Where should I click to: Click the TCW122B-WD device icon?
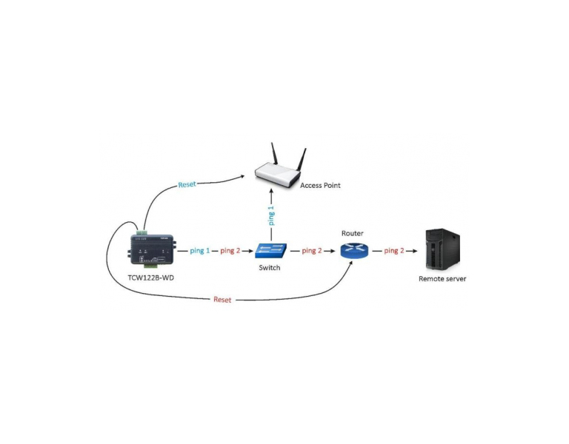[x=153, y=249]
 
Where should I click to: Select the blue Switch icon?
[x=270, y=250]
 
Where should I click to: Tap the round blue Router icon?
[x=354, y=250]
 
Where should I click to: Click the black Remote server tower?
[x=442, y=249]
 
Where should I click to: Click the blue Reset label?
[x=187, y=184]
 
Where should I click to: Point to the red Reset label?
[x=222, y=300]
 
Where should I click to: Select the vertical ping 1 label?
[x=271, y=215]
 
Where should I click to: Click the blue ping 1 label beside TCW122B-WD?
[x=199, y=251]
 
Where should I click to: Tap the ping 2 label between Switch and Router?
[x=312, y=251]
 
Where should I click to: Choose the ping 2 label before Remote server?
[x=394, y=251]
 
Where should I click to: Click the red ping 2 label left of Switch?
[x=230, y=251]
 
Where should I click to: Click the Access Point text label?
[x=320, y=185]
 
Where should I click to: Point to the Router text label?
[x=352, y=233]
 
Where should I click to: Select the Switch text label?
[x=269, y=268]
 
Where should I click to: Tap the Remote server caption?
[x=442, y=279]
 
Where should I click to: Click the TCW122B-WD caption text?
[x=150, y=278]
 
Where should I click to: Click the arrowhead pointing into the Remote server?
[x=414, y=251]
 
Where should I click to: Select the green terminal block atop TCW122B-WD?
[x=142, y=232]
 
